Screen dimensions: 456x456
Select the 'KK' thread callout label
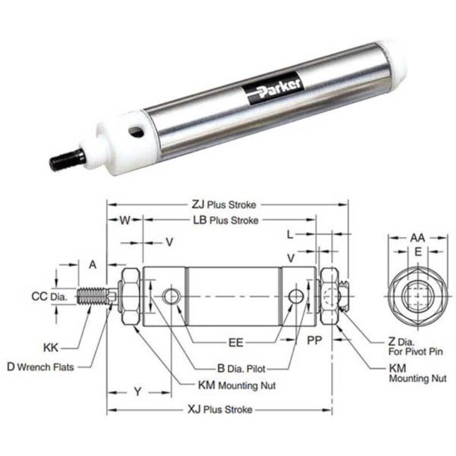point(51,348)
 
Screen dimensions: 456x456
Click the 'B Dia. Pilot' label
point(239,367)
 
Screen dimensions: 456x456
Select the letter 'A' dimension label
point(93,264)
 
